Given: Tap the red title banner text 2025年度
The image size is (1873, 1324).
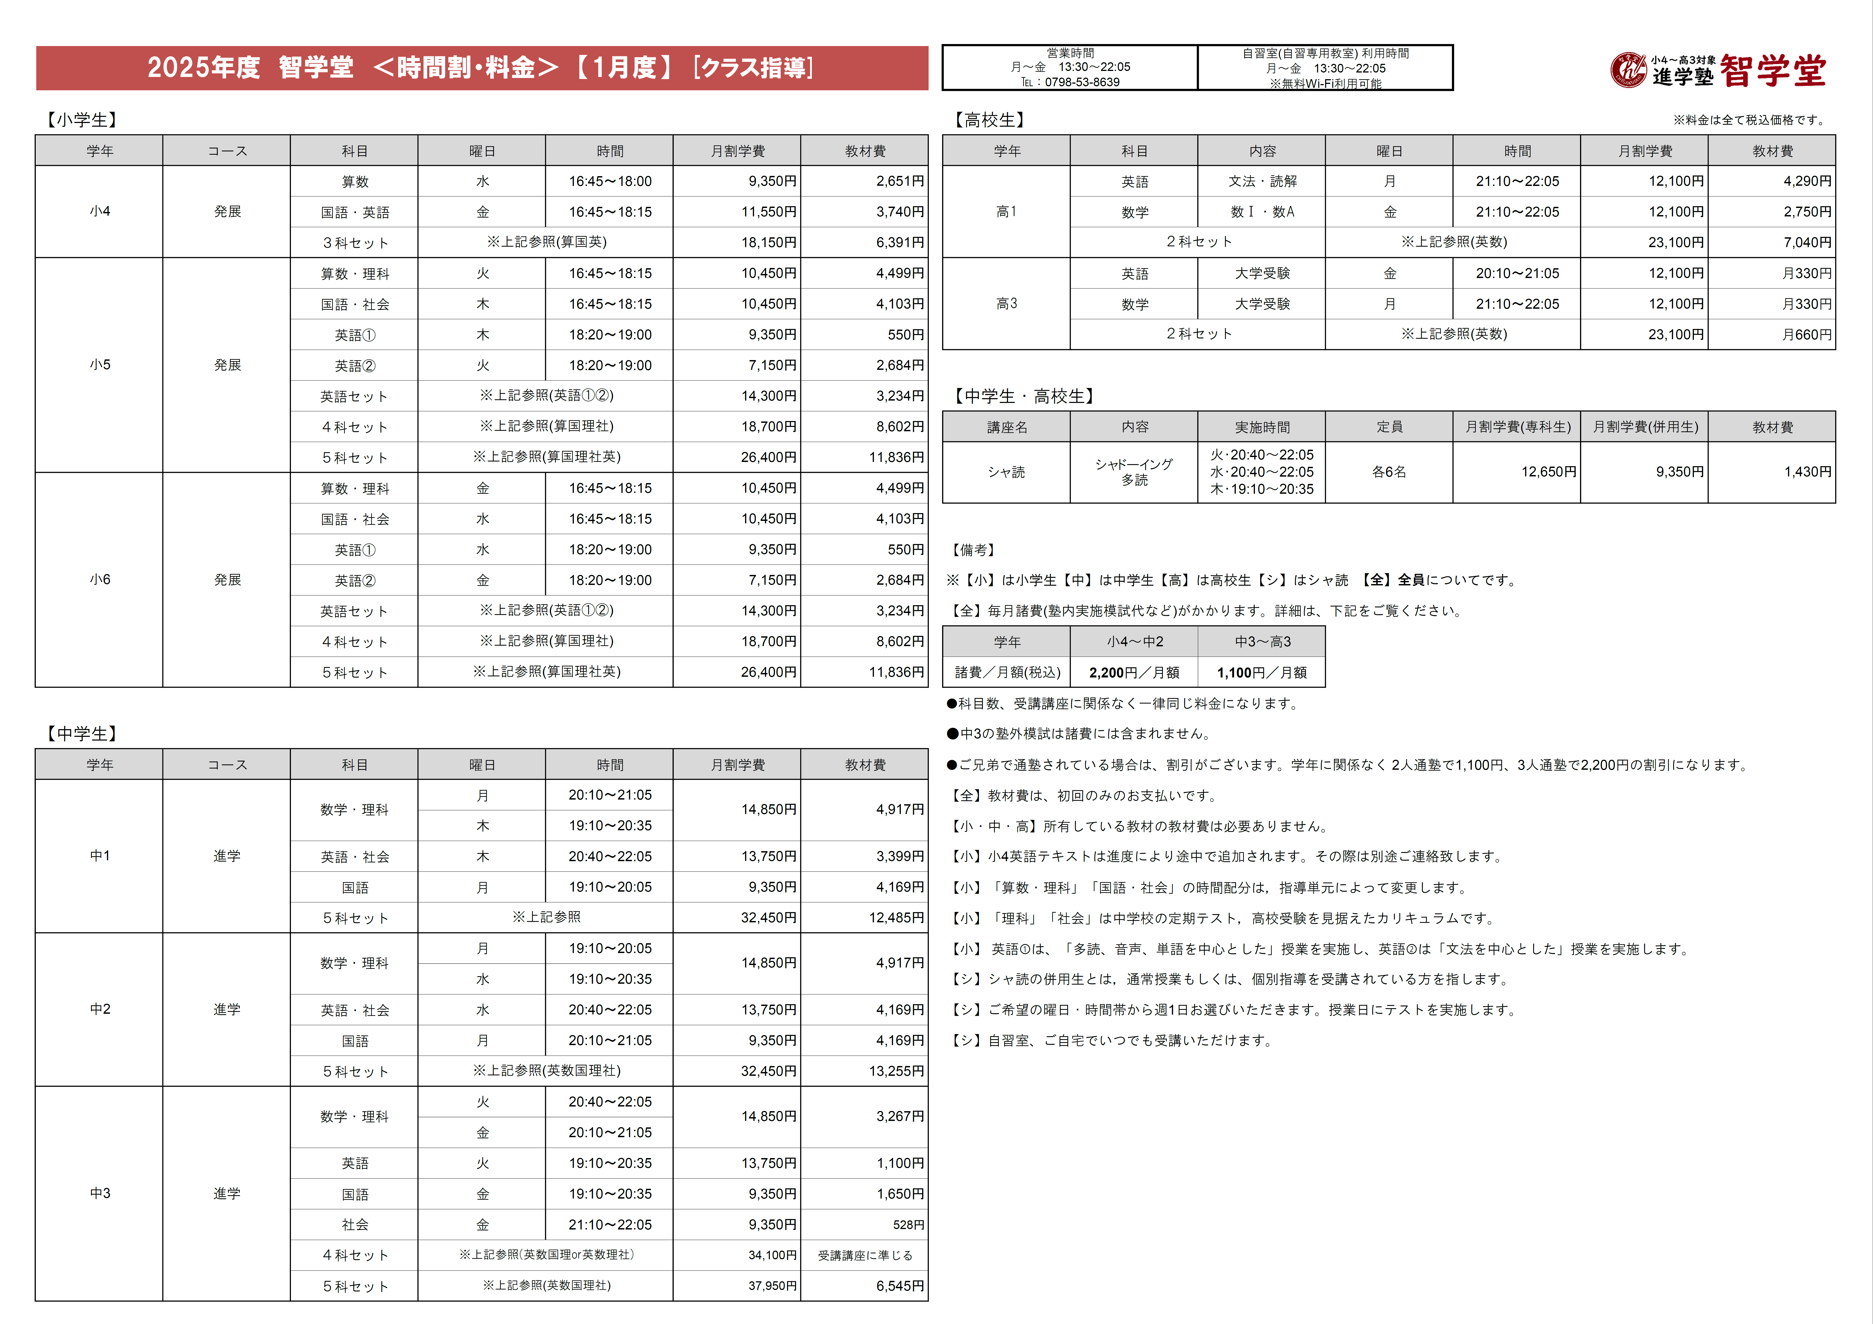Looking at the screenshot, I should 203,68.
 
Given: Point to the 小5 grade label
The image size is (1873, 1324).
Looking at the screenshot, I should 99,365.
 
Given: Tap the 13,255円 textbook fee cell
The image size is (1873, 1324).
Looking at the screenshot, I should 896,1071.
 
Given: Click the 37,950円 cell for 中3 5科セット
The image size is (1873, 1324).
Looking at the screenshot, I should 772,1286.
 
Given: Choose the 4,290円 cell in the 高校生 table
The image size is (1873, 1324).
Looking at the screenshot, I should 1807,181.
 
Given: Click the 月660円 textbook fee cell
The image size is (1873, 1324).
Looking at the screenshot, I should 1807,335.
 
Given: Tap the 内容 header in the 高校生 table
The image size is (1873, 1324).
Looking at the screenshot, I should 1262,151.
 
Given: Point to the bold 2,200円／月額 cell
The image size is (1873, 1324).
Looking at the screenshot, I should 1134,672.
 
